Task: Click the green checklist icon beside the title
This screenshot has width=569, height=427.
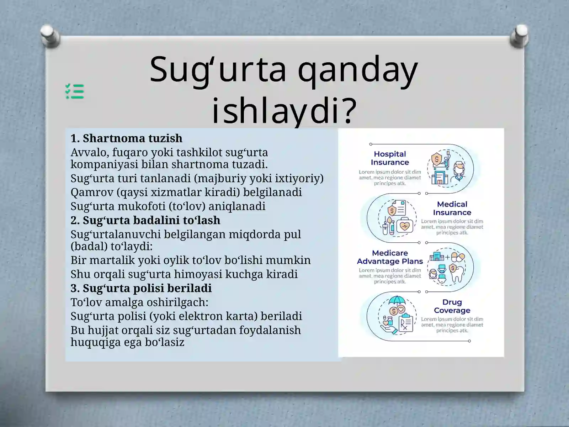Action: click(x=75, y=91)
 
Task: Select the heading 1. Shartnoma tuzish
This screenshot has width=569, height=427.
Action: click(x=126, y=138)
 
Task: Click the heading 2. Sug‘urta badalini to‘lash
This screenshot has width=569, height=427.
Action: click(x=145, y=220)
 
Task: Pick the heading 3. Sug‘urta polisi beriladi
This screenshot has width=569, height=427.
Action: click(x=141, y=288)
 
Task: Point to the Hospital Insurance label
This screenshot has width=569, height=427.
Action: click(x=390, y=158)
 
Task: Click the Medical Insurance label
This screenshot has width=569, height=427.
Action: click(x=452, y=208)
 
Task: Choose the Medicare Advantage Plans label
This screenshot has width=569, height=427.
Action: click(x=390, y=257)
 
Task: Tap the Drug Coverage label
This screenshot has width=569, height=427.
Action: click(x=452, y=306)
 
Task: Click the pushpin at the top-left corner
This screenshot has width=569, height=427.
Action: click(x=50, y=36)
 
